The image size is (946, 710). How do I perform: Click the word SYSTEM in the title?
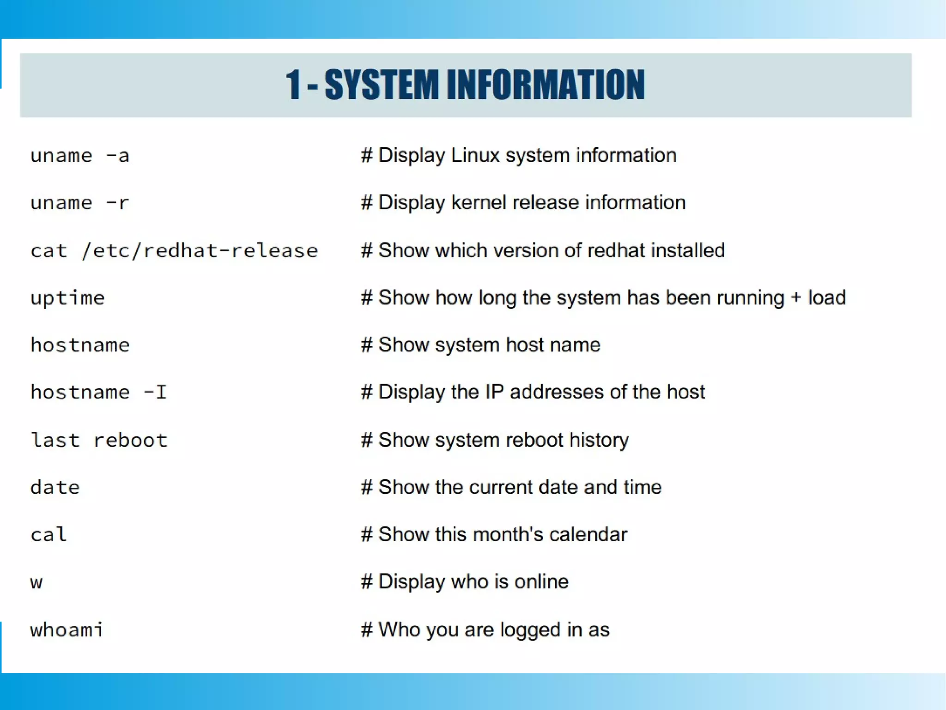(382, 85)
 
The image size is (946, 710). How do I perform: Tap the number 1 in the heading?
(293, 85)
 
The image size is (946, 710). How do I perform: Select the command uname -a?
(79, 156)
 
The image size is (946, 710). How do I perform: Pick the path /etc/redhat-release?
(200, 251)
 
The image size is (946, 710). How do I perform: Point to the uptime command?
(67, 298)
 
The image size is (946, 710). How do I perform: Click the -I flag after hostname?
(155, 392)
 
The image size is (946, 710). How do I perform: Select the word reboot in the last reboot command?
(130, 440)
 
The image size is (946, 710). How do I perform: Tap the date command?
(55, 488)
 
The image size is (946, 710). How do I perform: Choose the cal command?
(49, 535)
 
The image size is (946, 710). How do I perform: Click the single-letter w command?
(36, 582)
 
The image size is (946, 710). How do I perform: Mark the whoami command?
(67, 630)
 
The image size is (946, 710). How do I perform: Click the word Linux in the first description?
(475, 155)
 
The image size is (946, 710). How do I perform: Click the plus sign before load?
(795, 298)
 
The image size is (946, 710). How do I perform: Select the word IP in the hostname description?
(494, 392)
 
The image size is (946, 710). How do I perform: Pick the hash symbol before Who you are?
(367, 630)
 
